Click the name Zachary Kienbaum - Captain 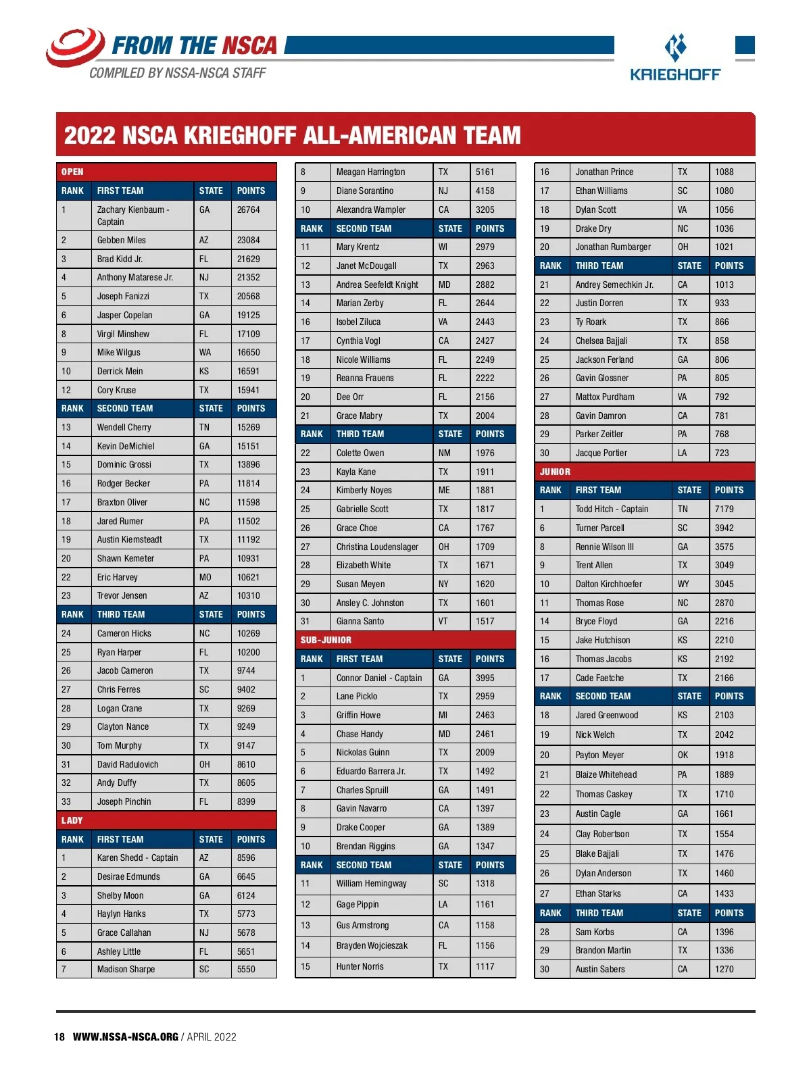click(x=132, y=216)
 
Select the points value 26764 click(x=248, y=210)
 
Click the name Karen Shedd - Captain click(x=137, y=857)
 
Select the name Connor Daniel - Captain click(x=378, y=678)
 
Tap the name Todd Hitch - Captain click(x=612, y=509)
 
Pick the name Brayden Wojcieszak click(x=372, y=946)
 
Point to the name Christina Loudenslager click(x=377, y=547)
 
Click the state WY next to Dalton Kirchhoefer click(x=683, y=584)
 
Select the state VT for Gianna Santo click(x=443, y=621)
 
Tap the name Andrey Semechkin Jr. click(x=614, y=284)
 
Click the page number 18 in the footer click(x=59, y=1037)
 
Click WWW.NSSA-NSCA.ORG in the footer click(x=126, y=1037)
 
